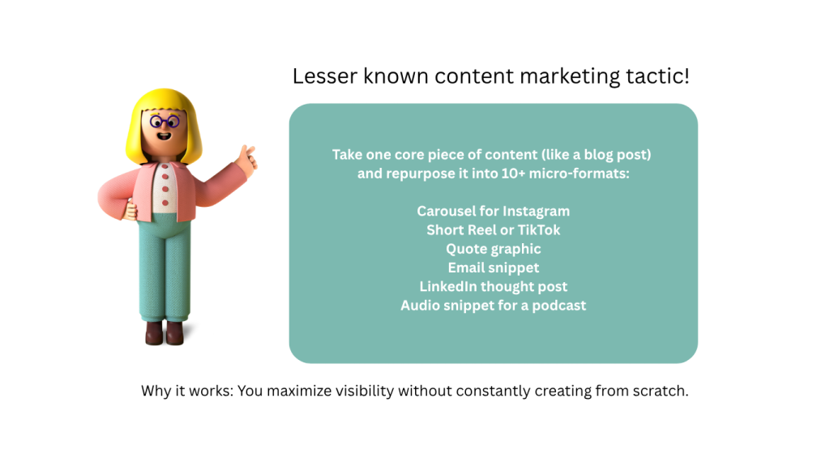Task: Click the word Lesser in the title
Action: [325, 76]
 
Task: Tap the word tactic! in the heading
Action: [658, 76]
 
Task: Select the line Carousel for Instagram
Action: [494, 212]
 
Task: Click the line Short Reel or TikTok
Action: [494, 229]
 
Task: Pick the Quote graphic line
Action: [494, 250]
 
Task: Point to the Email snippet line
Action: [494, 268]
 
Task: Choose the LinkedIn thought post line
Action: [494, 287]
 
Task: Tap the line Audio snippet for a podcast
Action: [494, 306]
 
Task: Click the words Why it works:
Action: [187, 391]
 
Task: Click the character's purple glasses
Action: [165, 122]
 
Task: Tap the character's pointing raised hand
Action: [246, 160]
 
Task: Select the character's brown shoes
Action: [164, 332]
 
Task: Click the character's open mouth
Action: [164, 136]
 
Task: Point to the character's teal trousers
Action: [165, 269]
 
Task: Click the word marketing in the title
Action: [570, 76]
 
